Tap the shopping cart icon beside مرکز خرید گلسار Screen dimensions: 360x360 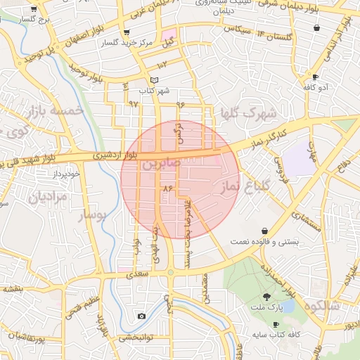tap(126, 32)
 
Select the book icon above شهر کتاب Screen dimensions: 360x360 tap(154, 80)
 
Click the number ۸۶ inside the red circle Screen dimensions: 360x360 tap(167, 189)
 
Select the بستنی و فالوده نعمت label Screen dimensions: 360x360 tap(265, 241)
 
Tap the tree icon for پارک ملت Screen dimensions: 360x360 tap(266, 296)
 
